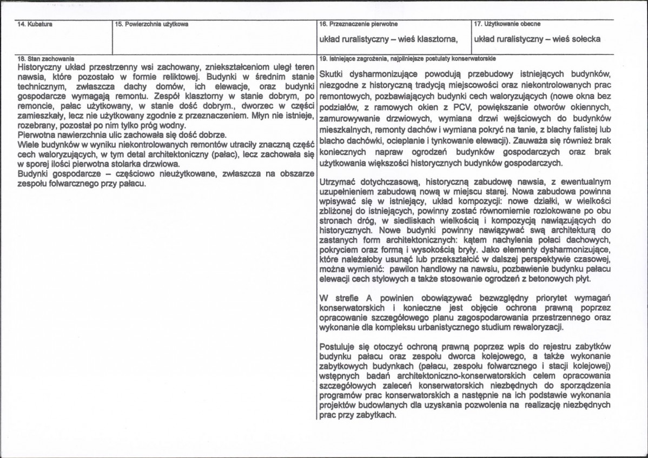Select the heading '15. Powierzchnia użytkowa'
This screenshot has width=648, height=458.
(x=152, y=24)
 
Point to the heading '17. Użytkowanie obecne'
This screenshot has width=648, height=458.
(x=507, y=24)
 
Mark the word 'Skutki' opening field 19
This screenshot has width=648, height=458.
(x=332, y=73)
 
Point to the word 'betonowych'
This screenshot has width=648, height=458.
(x=548, y=279)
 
